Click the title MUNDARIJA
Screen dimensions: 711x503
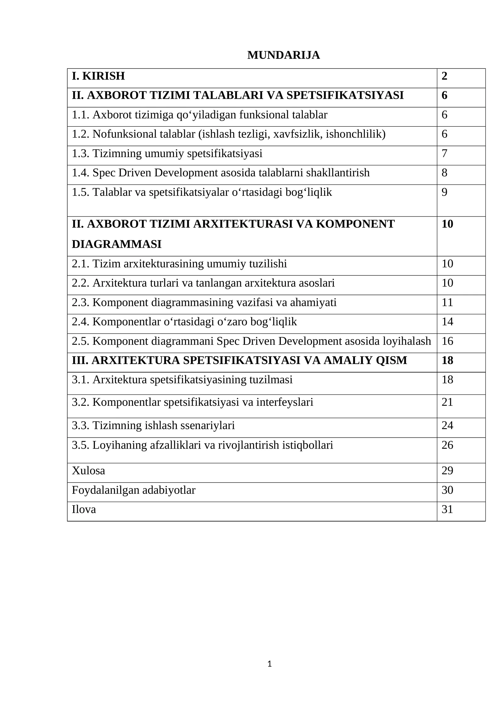pos(283,55)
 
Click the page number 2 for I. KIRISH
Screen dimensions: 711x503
pos(444,76)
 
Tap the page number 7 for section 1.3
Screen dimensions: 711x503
pos(444,153)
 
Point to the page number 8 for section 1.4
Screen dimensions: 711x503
pos(444,173)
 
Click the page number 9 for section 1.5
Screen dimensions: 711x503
pos(444,192)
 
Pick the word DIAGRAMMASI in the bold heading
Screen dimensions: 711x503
pos(117,244)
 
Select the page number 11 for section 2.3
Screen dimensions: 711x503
pos(447,302)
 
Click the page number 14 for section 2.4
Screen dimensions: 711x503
pos(447,322)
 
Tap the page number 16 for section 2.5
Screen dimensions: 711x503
pos(447,341)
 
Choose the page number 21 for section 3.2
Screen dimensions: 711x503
pos(447,402)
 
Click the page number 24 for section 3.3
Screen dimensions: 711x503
pos(447,425)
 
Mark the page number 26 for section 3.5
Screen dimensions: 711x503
pos(447,445)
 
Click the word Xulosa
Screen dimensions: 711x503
pos(88,471)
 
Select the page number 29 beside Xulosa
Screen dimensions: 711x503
pos(447,471)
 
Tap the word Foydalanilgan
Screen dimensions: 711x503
pos(106,490)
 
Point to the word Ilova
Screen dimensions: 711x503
pos(84,509)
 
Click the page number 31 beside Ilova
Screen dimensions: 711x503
pos(447,509)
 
